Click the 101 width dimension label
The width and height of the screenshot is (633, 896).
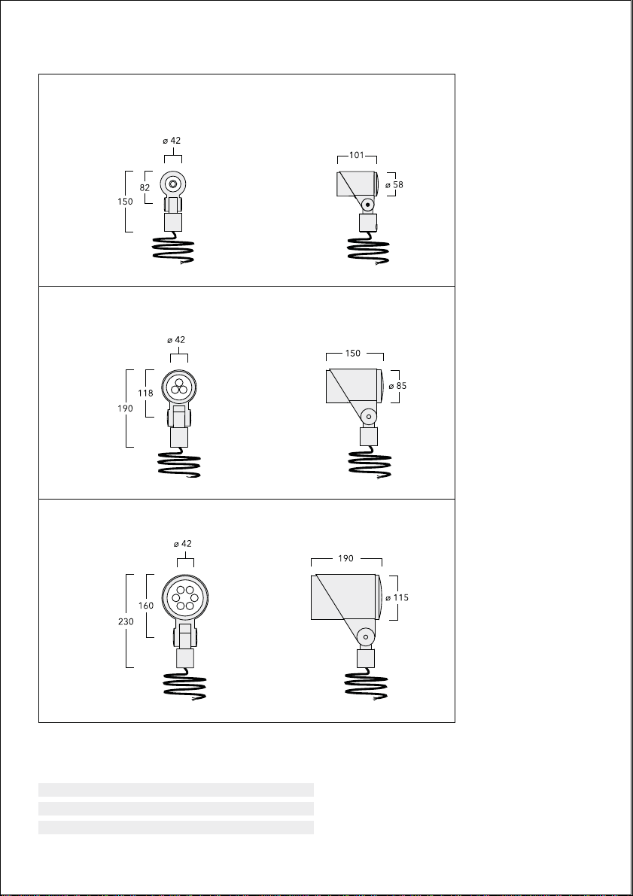[x=356, y=155]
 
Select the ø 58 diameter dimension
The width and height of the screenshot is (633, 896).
[x=394, y=184]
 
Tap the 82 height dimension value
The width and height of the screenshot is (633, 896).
[x=145, y=187]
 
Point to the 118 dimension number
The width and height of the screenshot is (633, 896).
[x=146, y=393]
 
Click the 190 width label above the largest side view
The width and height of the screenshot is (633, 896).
[x=345, y=558]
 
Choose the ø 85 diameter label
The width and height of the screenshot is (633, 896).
[x=397, y=386]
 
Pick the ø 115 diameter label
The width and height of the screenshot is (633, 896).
[x=397, y=598]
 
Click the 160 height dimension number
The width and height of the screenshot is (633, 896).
[x=146, y=606]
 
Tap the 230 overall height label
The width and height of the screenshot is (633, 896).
[x=126, y=621]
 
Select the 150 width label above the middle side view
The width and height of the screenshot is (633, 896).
[x=353, y=353]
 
